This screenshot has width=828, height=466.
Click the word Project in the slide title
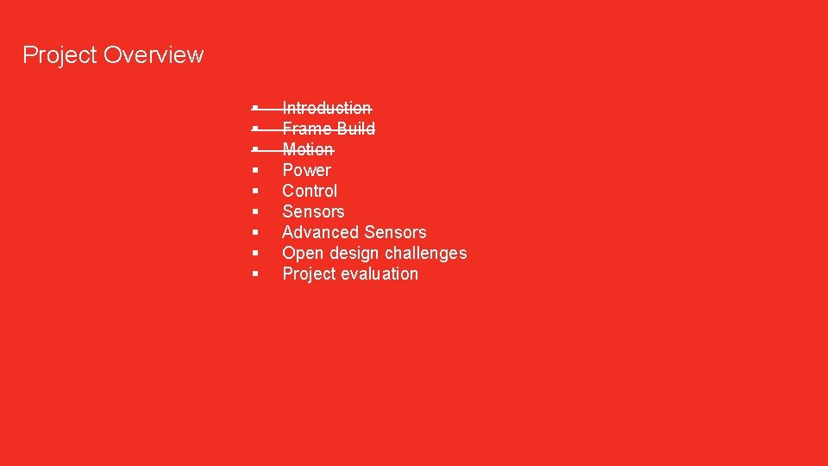59,55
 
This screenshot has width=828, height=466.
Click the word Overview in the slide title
153,55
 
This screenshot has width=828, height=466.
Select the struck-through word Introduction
327,108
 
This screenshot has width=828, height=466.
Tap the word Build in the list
355,129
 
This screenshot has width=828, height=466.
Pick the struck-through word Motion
308,149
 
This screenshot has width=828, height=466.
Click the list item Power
306,170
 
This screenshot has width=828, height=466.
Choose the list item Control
310,191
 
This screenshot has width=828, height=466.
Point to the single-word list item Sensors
313,211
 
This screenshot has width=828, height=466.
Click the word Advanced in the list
320,232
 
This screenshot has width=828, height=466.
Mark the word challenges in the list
425,253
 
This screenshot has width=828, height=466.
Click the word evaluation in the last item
379,274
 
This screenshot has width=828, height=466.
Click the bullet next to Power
256,171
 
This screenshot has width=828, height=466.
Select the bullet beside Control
256,192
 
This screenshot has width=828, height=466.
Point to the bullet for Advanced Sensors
256,233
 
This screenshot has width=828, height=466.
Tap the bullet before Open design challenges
256,254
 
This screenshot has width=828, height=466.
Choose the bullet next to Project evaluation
256,274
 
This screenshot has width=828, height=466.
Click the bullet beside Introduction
256,109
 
